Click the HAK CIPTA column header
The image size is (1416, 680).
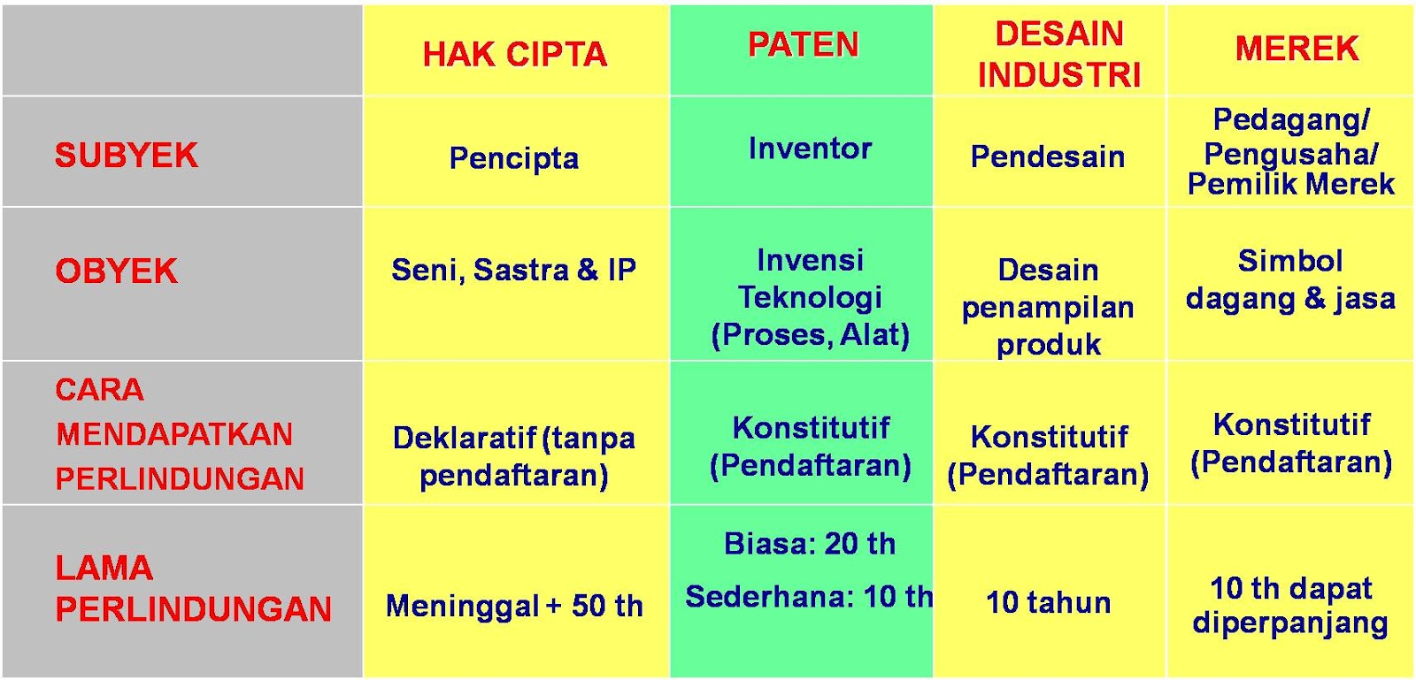click(515, 55)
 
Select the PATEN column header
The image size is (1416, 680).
click(803, 44)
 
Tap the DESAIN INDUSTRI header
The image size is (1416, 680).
click(1058, 54)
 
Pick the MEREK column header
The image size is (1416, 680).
click(1297, 48)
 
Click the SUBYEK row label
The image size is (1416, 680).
click(127, 156)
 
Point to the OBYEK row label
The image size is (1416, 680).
click(116, 271)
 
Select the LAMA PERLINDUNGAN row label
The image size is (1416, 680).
click(193, 588)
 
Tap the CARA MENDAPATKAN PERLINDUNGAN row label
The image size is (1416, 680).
click(180, 434)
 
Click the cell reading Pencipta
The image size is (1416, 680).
click(514, 158)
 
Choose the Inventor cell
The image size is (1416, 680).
click(810, 149)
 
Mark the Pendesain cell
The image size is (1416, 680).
click(1048, 157)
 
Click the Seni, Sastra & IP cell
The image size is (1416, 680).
click(514, 270)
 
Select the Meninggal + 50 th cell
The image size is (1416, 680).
click(514, 606)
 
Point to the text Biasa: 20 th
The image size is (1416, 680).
click(810, 544)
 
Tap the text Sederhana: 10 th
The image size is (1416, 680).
click(809, 597)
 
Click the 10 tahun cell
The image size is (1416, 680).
click(1048, 602)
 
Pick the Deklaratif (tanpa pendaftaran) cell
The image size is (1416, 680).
click(514, 456)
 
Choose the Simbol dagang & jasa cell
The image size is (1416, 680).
click(1290, 279)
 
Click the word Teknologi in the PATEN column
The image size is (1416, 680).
click(810, 297)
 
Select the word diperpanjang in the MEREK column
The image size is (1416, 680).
click(1290, 623)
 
